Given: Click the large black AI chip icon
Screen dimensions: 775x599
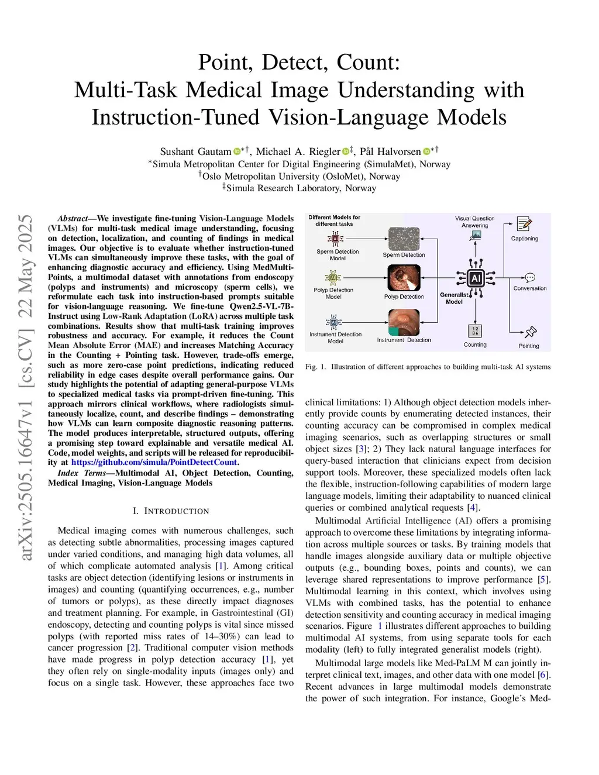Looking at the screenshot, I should (x=476, y=279).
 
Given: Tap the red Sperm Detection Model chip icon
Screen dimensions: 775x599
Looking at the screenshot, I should (x=335, y=239).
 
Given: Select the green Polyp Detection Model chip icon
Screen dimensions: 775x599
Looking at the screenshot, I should (x=333, y=277).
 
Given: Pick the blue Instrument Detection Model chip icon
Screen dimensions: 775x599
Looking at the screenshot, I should (x=333, y=322).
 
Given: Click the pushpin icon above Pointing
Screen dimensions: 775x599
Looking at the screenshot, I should (x=530, y=332).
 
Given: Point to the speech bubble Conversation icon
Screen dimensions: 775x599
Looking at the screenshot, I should (x=530, y=278).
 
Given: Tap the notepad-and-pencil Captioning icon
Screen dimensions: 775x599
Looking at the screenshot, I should (x=524, y=224).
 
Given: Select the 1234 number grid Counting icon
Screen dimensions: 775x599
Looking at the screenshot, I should (x=475, y=331).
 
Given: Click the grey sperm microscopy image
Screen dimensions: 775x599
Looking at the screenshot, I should (x=404, y=239).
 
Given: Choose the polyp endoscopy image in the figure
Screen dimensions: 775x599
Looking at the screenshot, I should (x=404, y=278).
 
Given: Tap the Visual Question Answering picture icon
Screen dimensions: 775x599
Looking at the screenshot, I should (x=475, y=236).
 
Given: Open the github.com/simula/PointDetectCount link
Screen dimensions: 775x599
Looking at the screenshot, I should (x=154, y=462).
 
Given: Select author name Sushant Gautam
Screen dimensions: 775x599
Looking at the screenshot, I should (x=195, y=151).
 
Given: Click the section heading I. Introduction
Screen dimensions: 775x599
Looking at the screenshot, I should (x=171, y=511).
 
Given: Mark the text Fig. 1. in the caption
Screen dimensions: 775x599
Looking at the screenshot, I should (x=315, y=367).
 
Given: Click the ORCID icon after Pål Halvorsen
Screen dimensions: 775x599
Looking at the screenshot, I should (x=426, y=151).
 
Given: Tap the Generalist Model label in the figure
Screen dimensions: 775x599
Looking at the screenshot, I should (x=454, y=298).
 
